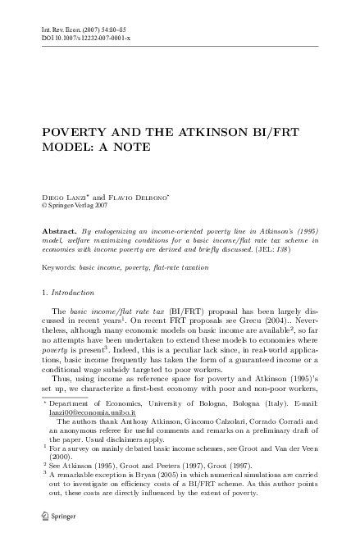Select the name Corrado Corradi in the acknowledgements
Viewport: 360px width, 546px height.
[269, 421]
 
